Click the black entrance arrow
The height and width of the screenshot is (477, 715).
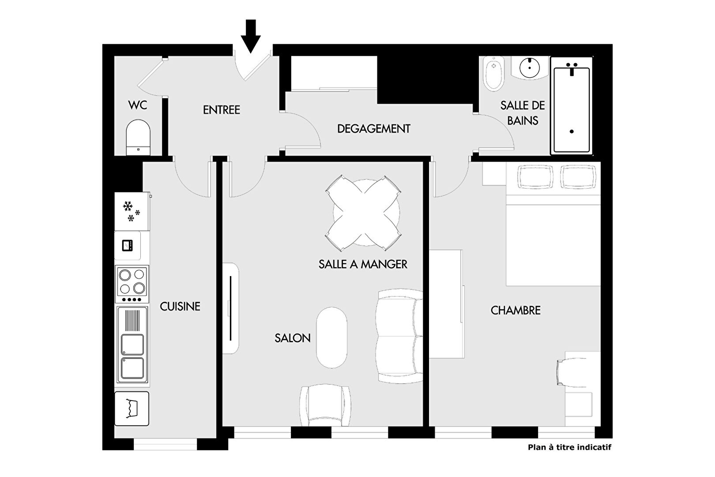click(x=251, y=36)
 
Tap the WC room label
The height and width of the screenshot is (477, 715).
click(x=138, y=105)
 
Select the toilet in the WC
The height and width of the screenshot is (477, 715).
click(x=138, y=137)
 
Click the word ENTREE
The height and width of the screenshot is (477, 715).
click(x=222, y=110)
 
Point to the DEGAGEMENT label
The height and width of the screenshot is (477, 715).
click(x=374, y=129)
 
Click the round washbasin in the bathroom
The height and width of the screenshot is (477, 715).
click(x=530, y=68)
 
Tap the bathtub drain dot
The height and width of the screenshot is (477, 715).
click(x=572, y=131)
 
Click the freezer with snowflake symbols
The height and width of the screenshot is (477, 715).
click(x=132, y=211)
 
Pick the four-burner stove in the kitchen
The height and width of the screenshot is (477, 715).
click(x=132, y=284)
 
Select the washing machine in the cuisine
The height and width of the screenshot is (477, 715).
click(x=132, y=409)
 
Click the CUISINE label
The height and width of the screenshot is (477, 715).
click(x=180, y=307)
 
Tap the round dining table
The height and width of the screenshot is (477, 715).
click(x=366, y=212)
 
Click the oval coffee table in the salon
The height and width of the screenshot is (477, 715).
click(x=331, y=338)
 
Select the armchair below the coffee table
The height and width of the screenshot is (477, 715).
click(x=325, y=405)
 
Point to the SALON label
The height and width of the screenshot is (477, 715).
click(x=293, y=338)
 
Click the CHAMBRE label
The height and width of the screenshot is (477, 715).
click(x=516, y=310)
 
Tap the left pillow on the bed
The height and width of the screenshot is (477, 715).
click(x=536, y=176)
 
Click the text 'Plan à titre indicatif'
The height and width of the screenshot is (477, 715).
click(x=569, y=447)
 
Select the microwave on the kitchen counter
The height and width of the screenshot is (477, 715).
click(x=128, y=246)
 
